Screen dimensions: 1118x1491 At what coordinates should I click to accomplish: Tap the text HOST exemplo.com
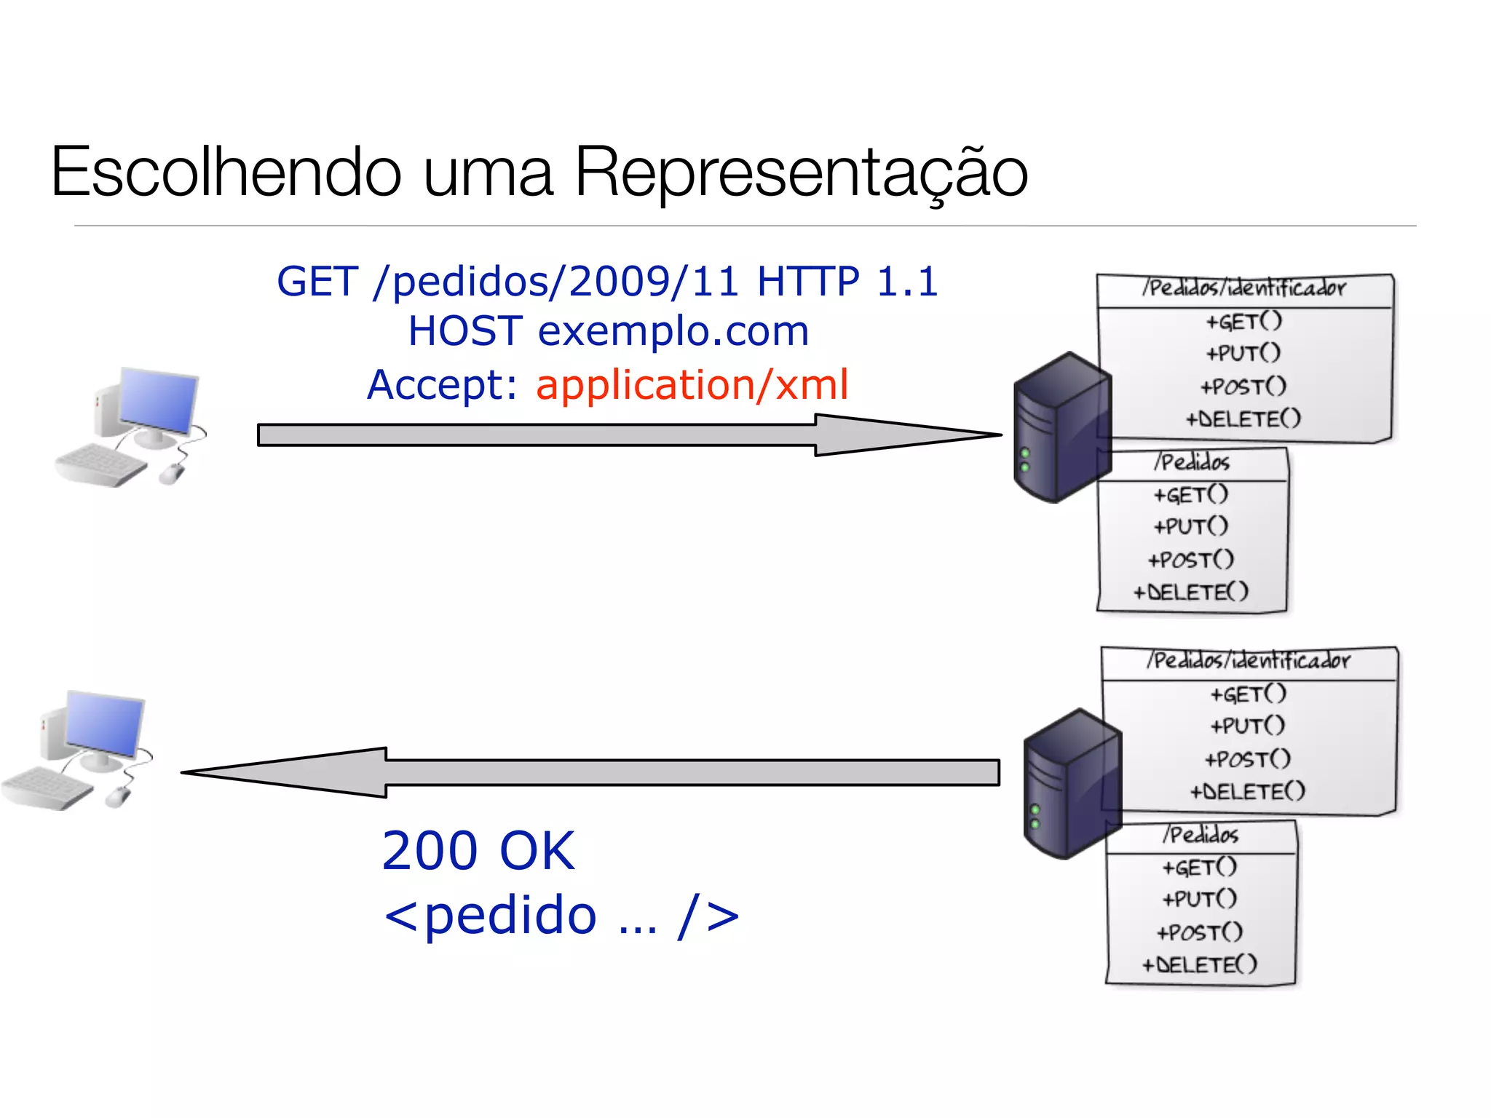608,331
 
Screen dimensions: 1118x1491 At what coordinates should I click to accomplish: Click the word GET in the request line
317,282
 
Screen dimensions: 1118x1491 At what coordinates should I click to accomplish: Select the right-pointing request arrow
626,435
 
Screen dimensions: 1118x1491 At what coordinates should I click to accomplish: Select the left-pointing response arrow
590,772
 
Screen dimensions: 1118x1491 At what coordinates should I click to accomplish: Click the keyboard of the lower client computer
45,788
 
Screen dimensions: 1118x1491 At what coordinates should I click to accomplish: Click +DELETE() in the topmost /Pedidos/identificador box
1243,419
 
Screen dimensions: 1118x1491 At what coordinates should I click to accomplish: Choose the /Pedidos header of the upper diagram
1192,462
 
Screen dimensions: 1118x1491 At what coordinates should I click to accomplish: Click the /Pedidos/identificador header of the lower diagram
1248,660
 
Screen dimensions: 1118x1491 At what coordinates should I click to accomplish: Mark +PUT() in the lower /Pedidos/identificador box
1247,726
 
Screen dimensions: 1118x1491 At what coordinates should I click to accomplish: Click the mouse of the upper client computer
172,474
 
